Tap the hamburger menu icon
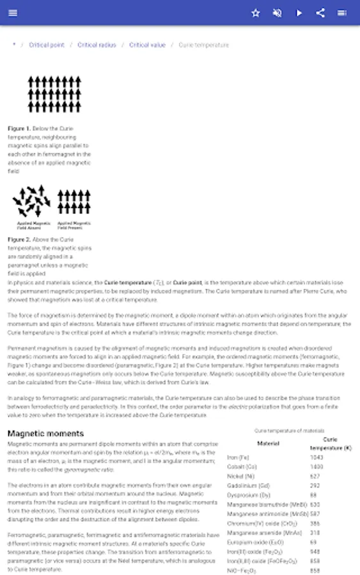(x=13, y=13)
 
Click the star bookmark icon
(x=256, y=13)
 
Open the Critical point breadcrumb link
(x=47, y=45)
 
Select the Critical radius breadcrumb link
(x=97, y=45)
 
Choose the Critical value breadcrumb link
(x=147, y=45)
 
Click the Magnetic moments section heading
(x=45, y=433)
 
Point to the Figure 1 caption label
(x=19, y=128)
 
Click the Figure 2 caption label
(x=19, y=240)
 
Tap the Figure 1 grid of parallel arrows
(x=54, y=94)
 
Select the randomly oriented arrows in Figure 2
(x=31, y=201)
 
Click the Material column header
(x=268, y=443)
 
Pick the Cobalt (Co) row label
(x=243, y=467)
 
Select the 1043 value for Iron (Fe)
(x=316, y=457)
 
